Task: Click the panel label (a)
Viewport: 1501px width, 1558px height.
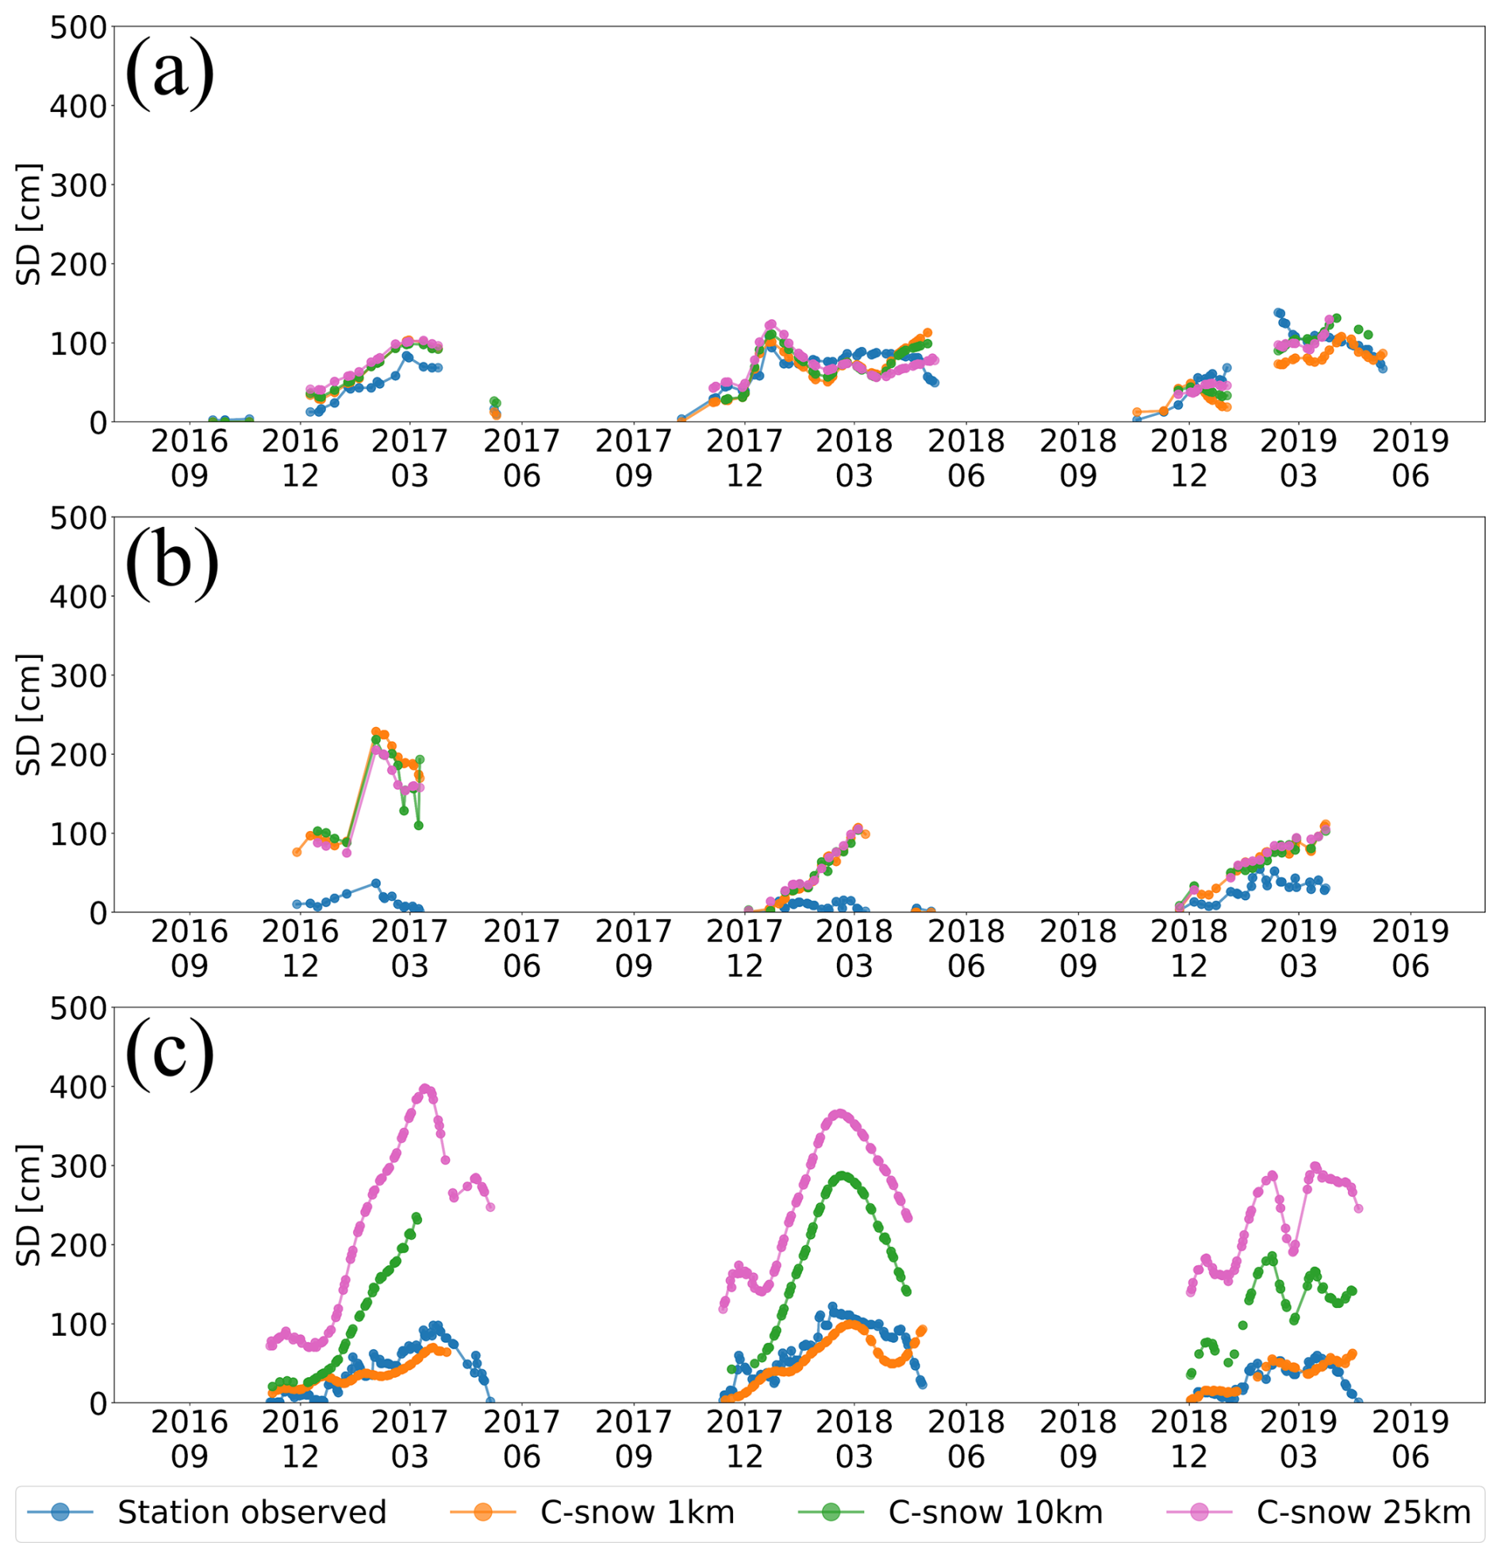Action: coord(169,74)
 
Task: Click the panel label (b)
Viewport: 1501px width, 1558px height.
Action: coord(171,564)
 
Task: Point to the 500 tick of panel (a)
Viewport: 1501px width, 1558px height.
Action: coord(78,28)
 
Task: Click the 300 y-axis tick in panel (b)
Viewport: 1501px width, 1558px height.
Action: coord(78,675)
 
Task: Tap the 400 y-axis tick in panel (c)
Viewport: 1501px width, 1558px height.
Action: coord(78,1087)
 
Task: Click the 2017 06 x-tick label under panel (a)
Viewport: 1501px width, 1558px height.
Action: coord(522,458)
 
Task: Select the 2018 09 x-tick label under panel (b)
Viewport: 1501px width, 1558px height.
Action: coord(1078,948)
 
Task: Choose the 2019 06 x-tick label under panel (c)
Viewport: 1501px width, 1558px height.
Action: coord(1411,1439)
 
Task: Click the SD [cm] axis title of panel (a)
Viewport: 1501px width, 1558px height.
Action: coord(29,224)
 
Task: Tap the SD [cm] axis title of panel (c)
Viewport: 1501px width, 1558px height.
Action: coord(29,1205)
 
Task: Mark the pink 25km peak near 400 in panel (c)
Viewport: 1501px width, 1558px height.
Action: coord(425,1088)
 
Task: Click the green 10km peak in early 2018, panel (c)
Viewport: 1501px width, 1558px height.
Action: coord(843,1175)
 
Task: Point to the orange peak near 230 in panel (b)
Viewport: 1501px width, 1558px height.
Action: coord(376,731)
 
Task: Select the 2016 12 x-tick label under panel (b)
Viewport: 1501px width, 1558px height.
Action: coord(301,948)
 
